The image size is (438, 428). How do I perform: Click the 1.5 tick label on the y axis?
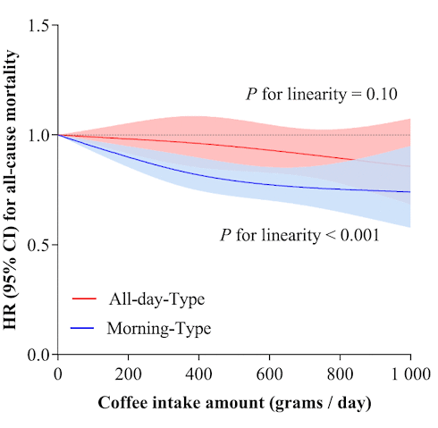[x=36, y=25]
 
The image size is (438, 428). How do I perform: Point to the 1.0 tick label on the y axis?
[x=36, y=135]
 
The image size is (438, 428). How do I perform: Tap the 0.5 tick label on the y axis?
[x=36, y=245]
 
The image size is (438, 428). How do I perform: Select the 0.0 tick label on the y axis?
[x=36, y=355]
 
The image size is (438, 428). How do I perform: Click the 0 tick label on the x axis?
[x=58, y=373]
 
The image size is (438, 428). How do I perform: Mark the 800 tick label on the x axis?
[x=341, y=373]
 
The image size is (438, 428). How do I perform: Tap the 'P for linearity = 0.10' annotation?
[x=321, y=94]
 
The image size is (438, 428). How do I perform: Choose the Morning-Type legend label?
[x=158, y=329]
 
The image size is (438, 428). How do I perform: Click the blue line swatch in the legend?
[x=82, y=329]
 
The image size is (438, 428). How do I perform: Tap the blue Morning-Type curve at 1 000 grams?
[x=410, y=191]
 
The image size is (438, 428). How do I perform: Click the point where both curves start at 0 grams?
[x=58, y=135]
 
